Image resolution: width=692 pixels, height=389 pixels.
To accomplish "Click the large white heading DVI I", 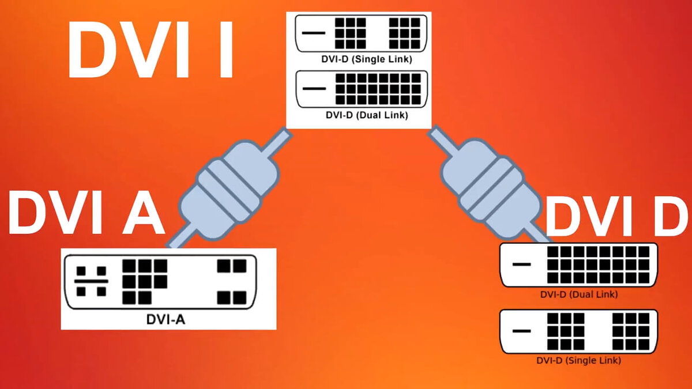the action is pyautogui.click(x=151, y=50).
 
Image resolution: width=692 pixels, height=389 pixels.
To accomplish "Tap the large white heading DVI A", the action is pyautogui.click(x=86, y=213).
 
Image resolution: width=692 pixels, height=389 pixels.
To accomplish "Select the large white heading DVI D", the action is pyautogui.click(x=617, y=216).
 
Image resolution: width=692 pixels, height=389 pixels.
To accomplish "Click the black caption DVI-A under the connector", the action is pyautogui.click(x=166, y=319).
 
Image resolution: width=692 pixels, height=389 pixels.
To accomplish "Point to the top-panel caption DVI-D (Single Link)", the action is pyautogui.click(x=367, y=59).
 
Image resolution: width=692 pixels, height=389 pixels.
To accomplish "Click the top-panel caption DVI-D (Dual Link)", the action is pyautogui.click(x=367, y=115).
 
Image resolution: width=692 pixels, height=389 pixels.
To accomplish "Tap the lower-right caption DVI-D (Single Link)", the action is pyautogui.click(x=578, y=360).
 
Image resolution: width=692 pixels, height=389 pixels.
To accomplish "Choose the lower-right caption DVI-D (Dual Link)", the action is pyautogui.click(x=579, y=294).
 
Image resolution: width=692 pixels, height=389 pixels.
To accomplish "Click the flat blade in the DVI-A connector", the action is pyautogui.click(x=91, y=281).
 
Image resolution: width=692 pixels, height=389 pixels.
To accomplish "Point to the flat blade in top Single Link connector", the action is pyautogui.click(x=313, y=33).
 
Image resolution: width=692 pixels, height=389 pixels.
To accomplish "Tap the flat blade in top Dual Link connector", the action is pyautogui.click(x=314, y=89).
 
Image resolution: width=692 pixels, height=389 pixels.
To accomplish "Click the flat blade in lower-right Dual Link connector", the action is pyautogui.click(x=521, y=265).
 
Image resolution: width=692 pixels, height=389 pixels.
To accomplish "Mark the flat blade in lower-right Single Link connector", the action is pyautogui.click(x=521, y=331).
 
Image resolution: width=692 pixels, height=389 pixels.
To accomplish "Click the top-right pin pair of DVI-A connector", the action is pyautogui.click(x=232, y=266).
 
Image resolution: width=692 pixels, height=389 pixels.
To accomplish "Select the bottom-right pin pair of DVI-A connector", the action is pyautogui.click(x=232, y=297).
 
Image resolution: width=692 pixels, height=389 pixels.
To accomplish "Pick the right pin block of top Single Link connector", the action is pyautogui.click(x=404, y=33).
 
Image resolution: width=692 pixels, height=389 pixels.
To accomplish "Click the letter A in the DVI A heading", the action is pyautogui.click(x=143, y=213).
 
